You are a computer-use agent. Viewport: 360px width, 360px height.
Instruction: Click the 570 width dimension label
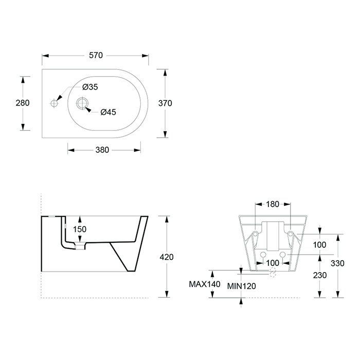96,56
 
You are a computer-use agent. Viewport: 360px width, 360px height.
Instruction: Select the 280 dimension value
23,103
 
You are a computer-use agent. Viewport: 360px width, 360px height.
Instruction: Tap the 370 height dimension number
165,103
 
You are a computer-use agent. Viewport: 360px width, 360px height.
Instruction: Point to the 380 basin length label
102,150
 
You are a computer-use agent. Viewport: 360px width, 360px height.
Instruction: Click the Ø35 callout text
90,87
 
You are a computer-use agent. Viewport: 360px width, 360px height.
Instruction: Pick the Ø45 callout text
108,112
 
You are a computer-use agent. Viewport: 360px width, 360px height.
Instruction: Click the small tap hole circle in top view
54,103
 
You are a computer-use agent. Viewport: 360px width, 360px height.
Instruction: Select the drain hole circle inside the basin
82,103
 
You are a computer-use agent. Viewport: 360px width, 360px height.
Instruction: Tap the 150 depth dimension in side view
80,229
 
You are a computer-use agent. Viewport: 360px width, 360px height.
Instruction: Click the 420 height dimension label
167,257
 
